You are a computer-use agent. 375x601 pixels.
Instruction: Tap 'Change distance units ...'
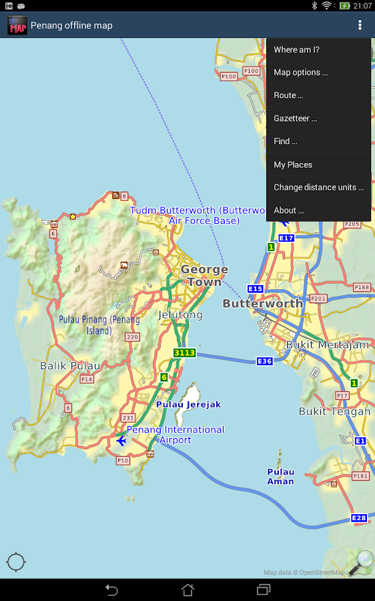(318, 188)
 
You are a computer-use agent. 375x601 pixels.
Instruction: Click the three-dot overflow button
(360, 25)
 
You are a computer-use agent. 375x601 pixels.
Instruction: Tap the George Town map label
(204, 276)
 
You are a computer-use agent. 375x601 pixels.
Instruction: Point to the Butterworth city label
(263, 304)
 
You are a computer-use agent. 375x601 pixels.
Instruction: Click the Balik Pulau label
(70, 366)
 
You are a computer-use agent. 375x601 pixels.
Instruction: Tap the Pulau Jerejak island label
(188, 405)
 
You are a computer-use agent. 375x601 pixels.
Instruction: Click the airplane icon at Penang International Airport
(121, 440)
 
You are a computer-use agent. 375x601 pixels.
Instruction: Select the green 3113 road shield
(184, 353)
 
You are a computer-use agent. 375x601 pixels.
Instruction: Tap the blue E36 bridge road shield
(265, 361)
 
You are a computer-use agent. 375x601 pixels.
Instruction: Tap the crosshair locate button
(16, 562)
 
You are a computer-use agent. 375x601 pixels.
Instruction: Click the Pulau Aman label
(280, 477)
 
